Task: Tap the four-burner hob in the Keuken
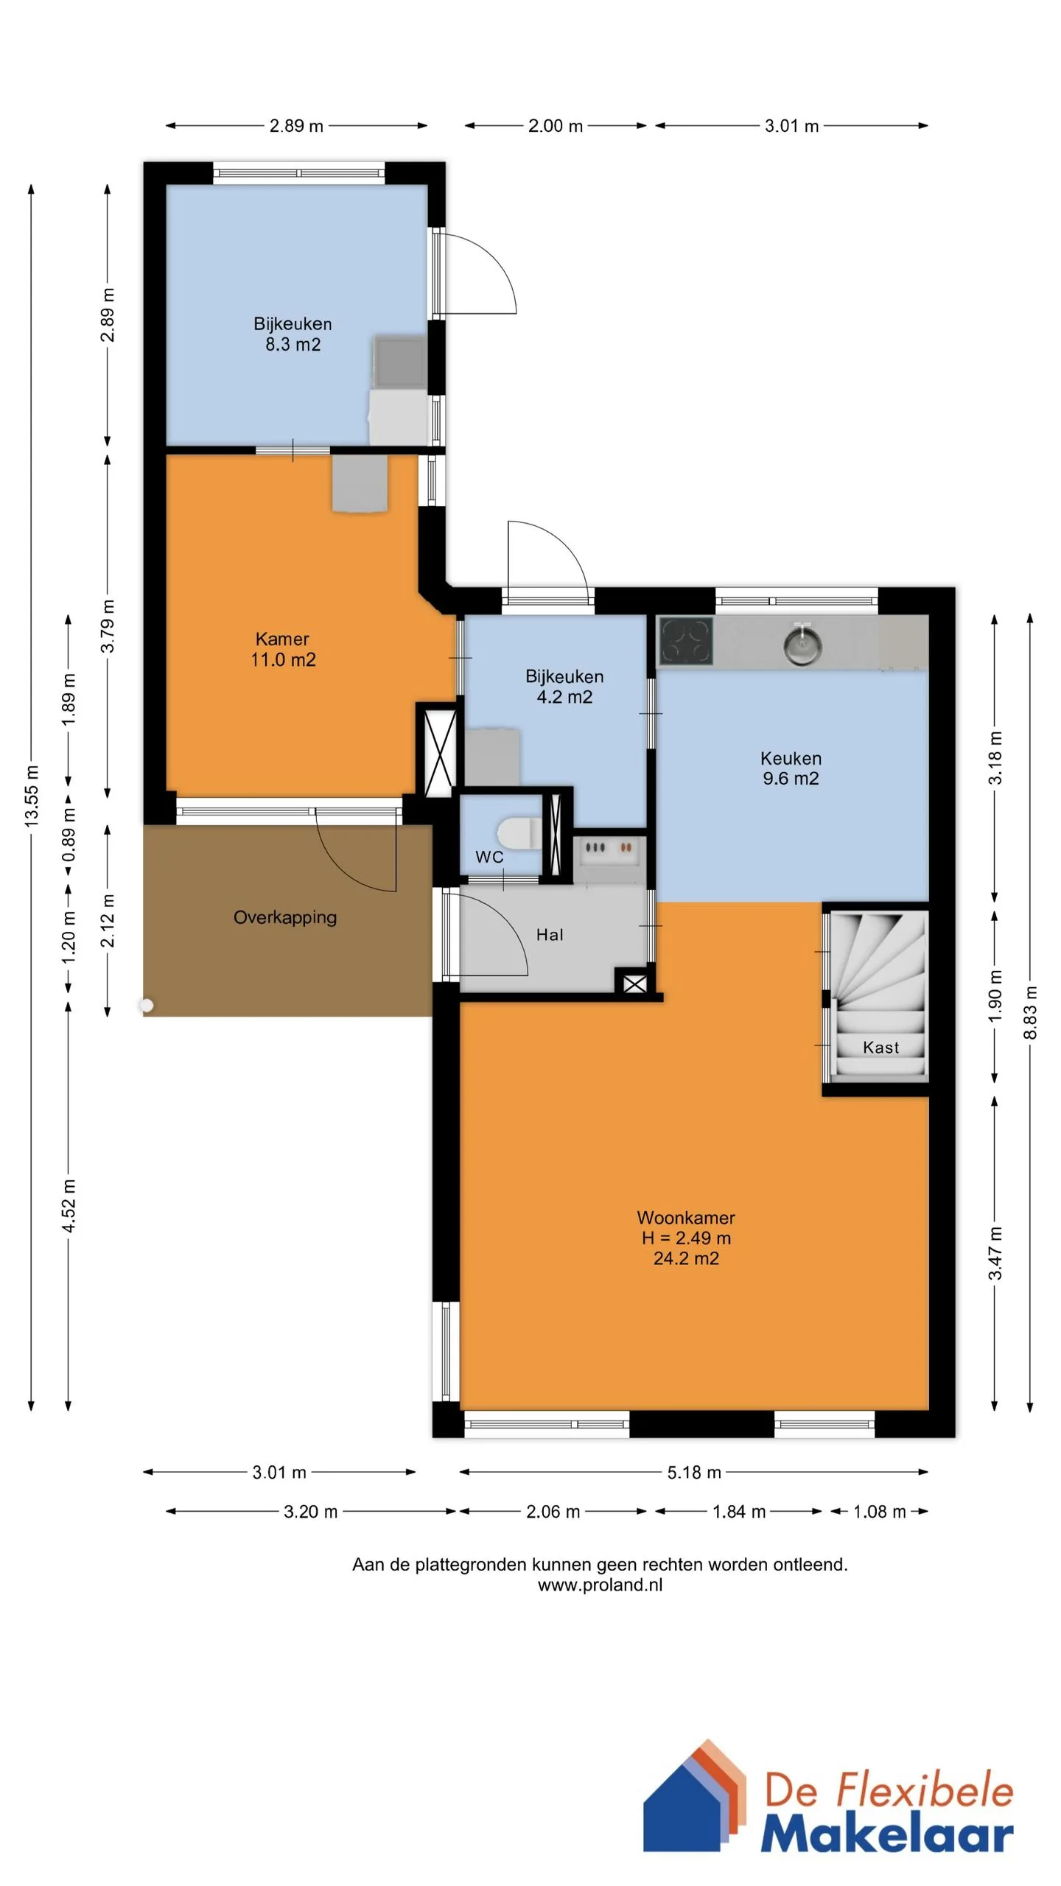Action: [x=686, y=640]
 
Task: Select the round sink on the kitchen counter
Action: [x=802, y=645]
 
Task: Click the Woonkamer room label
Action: [x=686, y=1217]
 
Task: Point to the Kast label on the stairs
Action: [x=880, y=1047]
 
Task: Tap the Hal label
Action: [x=550, y=934]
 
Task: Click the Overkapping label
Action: [x=285, y=917]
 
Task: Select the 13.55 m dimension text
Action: [x=32, y=796]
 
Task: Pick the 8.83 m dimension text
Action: [x=1030, y=1013]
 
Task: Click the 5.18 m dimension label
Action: [x=694, y=1472]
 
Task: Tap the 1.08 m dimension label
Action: [x=879, y=1512]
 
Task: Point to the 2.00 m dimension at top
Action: [x=556, y=126]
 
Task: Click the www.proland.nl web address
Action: [x=600, y=1585]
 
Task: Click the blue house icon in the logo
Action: [x=682, y=1812]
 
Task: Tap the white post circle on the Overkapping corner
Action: [x=147, y=1005]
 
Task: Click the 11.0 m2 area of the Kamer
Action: [x=283, y=659]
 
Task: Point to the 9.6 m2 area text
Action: [x=791, y=779]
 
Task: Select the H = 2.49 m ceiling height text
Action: [x=686, y=1238]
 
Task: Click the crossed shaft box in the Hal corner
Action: [x=634, y=984]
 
